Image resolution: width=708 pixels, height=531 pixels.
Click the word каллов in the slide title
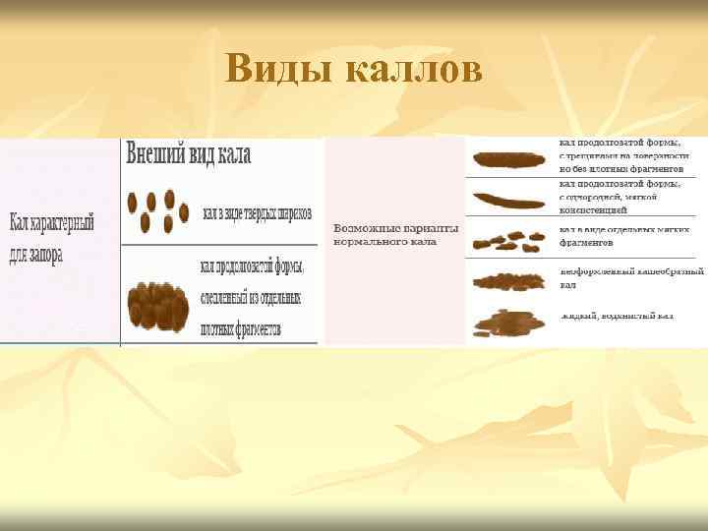click(414, 69)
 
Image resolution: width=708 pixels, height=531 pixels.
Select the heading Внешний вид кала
click(188, 154)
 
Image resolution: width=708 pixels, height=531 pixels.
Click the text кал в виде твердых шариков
click(257, 212)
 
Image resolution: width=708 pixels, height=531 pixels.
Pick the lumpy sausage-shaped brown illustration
click(158, 305)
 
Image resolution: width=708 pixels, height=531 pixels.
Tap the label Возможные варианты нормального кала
click(396, 233)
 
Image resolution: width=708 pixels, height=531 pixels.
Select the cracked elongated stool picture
click(508, 158)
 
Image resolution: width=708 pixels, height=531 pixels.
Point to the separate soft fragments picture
click(508, 240)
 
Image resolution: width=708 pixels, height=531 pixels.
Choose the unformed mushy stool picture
click(508, 281)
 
